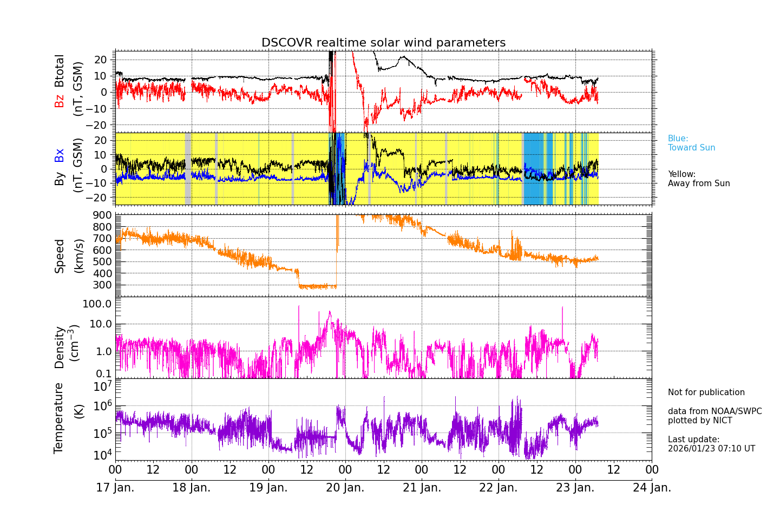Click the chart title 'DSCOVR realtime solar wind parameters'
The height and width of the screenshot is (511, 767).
[383, 43]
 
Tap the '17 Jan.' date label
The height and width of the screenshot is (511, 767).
[115, 488]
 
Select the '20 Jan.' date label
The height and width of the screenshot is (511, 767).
[345, 488]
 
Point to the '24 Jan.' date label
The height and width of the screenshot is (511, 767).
[652, 488]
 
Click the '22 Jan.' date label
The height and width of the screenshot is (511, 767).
[499, 488]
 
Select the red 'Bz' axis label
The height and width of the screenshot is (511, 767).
[60, 101]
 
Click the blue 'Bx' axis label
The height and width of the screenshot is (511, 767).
[60, 155]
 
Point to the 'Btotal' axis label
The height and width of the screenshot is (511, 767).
[60, 70]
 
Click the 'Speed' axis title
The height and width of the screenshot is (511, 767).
[60, 256]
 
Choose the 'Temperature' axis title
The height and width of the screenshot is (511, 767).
[59, 418]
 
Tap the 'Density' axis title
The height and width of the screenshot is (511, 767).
[60, 347]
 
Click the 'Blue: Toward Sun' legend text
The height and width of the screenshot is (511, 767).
[691, 143]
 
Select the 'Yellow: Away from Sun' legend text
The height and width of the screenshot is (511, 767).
[698, 179]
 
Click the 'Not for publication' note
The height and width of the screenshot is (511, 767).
[706, 392]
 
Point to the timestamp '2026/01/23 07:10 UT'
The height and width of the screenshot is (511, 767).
[711, 449]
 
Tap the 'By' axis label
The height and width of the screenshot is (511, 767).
[60, 179]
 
